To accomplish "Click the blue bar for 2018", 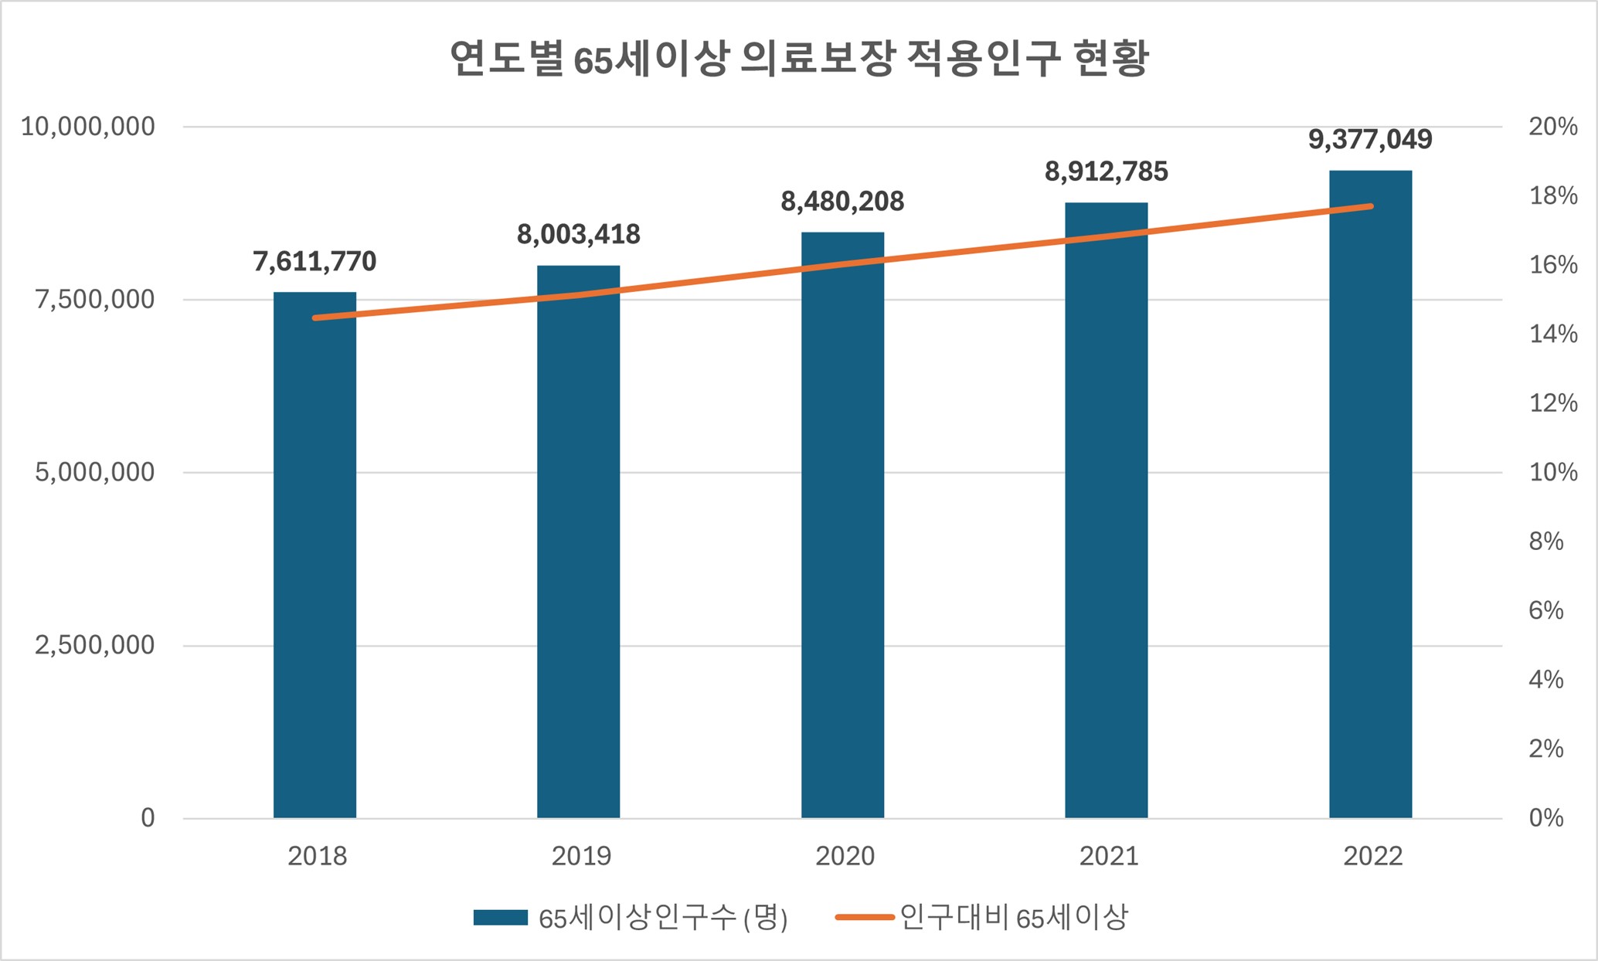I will tap(314, 556).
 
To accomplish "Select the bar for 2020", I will tap(842, 525).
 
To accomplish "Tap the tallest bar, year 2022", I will tap(1370, 494).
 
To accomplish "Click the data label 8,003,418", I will tap(578, 234).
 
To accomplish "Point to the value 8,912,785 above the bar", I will tap(1106, 171).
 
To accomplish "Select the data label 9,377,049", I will tap(1370, 140).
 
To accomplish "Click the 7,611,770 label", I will tap(314, 262).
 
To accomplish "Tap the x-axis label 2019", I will tap(581, 856).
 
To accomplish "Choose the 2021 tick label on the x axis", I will tap(1109, 856).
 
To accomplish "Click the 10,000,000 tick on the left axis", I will tap(87, 127).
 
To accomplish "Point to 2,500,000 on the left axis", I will tap(94, 645).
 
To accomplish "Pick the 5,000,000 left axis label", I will tap(94, 472).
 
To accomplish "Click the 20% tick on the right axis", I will tap(1552, 127).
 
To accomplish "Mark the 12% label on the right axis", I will tap(1552, 403).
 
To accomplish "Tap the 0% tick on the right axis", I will tap(1545, 818).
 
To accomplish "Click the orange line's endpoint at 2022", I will tap(1371, 206).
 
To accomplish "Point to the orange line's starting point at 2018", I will tap(314, 318).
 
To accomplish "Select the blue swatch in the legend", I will tap(500, 918).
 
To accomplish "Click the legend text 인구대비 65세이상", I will tap(1014, 918).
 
